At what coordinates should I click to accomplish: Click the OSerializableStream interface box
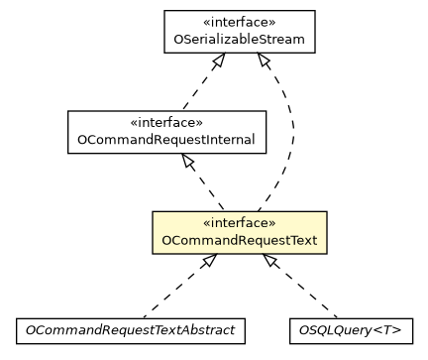pos(239,32)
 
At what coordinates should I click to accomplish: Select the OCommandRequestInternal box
pos(166,131)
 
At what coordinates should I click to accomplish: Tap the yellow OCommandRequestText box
pos(239,231)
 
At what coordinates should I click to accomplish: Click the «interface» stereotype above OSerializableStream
pos(239,23)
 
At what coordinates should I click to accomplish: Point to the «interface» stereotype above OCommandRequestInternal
pos(166,123)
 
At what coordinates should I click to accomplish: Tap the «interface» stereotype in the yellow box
pos(239,222)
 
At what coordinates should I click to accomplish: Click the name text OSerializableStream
pos(239,41)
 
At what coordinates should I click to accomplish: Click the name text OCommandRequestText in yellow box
pos(239,241)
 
